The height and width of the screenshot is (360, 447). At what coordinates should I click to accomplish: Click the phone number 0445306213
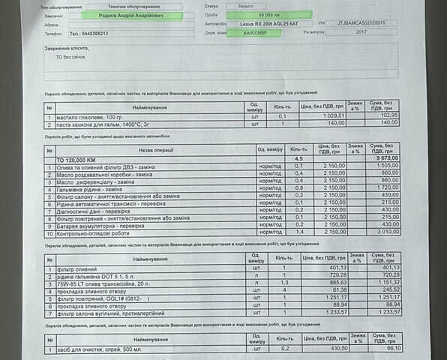[x=88, y=34]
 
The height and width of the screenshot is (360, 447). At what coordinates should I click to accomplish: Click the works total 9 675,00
[x=382, y=160]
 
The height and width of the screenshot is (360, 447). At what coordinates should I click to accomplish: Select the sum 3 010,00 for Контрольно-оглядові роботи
[x=382, y=232]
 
